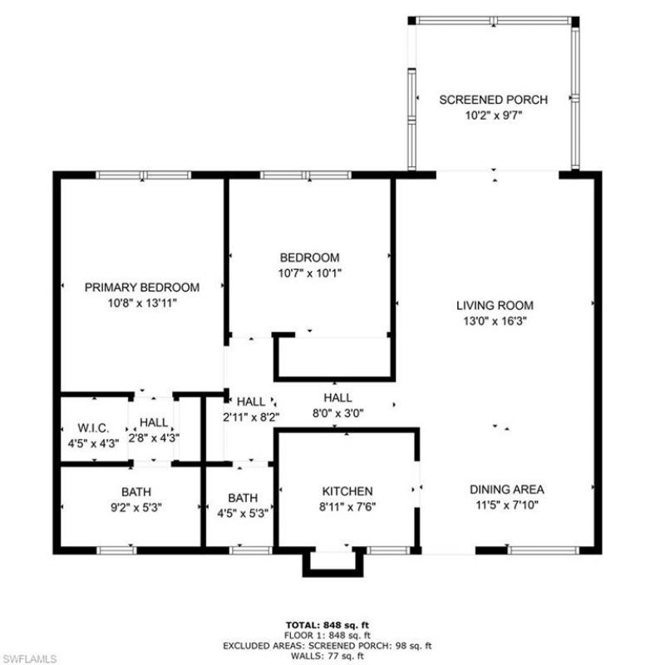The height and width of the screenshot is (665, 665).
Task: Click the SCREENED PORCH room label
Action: click(x=493, y=100)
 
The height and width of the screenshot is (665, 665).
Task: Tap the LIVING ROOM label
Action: click(x=495, y=305)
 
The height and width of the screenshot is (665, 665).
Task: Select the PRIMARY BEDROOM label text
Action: click(x=142, y=288)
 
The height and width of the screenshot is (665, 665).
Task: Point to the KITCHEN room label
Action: click(x=347, y=491)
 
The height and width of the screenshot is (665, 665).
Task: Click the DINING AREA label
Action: click(x=506, y=490)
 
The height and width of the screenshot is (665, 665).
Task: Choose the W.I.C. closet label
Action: click(x=86, y=427)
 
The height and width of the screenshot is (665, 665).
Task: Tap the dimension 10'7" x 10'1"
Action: click(x=309, y=272)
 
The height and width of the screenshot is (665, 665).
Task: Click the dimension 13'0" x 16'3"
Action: click(x=495, y=319)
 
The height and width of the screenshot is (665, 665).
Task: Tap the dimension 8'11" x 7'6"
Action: click(x=347, y=505)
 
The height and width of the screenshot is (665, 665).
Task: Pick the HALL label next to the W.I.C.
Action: click(x=154, y=422)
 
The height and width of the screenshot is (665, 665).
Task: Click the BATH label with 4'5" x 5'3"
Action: click(x=243, y=498)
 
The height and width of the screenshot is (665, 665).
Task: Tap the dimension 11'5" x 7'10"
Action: click(x=506, y=504)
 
